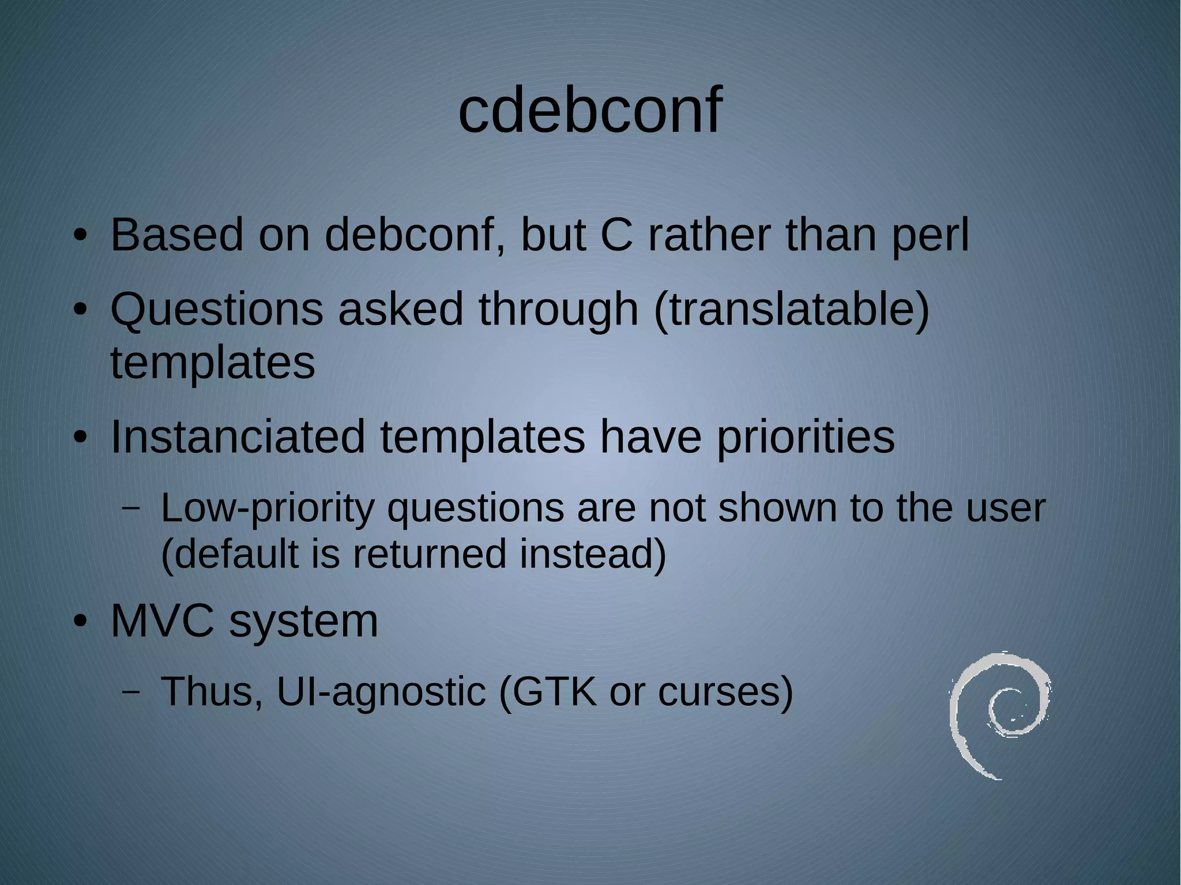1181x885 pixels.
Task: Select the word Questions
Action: coord(216,310)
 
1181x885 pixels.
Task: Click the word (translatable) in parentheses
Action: coord(791,310)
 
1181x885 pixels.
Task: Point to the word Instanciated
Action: coord(237,436)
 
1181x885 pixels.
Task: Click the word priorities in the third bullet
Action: coord(806,436)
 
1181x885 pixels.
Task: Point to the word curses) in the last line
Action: coord(725,691)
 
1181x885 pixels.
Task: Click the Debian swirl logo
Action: coord(999,715)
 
